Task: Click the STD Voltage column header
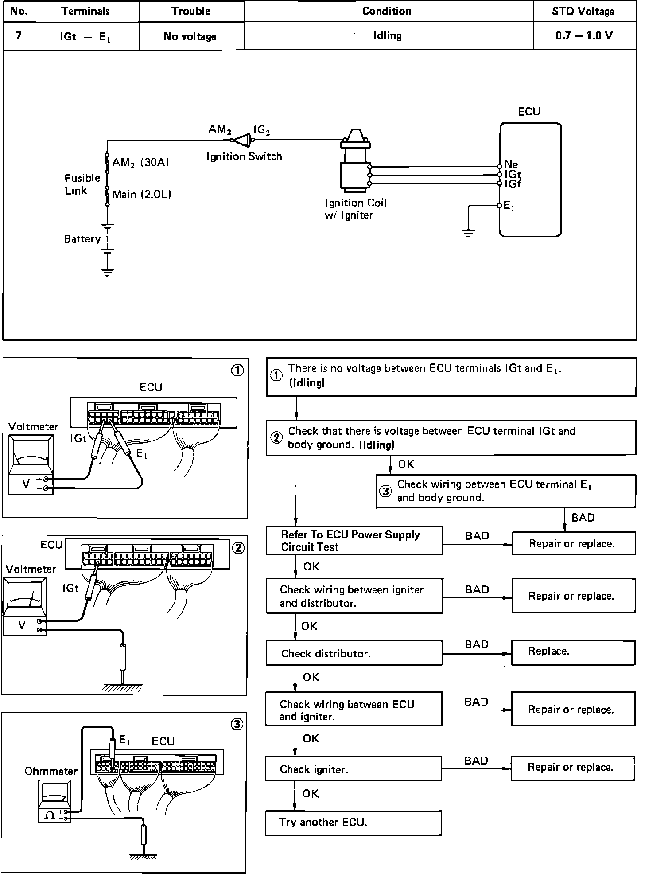(583, 12)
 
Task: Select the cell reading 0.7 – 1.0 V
(584, 36)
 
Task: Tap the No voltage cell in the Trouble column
(190, 36)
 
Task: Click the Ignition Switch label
(244, 156)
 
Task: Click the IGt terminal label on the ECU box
(513, 175)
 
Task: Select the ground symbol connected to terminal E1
(468, 232)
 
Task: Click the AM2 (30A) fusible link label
(140, 163)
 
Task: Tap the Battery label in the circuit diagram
(82, 239)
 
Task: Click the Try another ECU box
(353, 823)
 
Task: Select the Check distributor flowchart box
(354, 654)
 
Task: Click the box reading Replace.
(573, 652)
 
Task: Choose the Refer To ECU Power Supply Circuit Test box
(354, 541)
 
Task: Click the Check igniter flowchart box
(353, 769)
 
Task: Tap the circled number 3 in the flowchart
(386, 491)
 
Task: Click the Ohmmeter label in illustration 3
(51, 771)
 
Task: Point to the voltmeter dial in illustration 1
(31, 455)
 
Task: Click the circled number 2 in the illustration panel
(238, 548)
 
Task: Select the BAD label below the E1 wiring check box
(583, 518)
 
